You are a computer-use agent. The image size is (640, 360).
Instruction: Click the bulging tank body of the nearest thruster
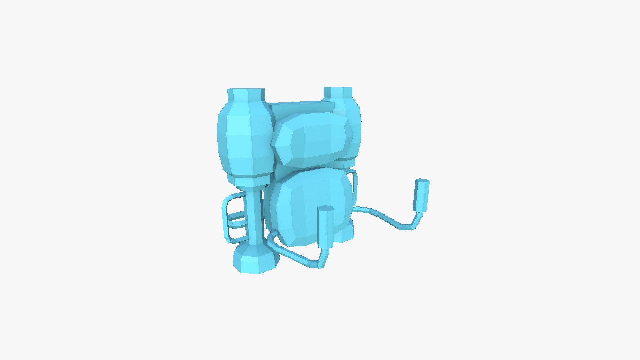(x=243, y=137)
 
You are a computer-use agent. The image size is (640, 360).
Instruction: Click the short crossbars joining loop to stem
(x=237, y=220)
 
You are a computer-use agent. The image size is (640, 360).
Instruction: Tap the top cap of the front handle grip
(x=326, y=209)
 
